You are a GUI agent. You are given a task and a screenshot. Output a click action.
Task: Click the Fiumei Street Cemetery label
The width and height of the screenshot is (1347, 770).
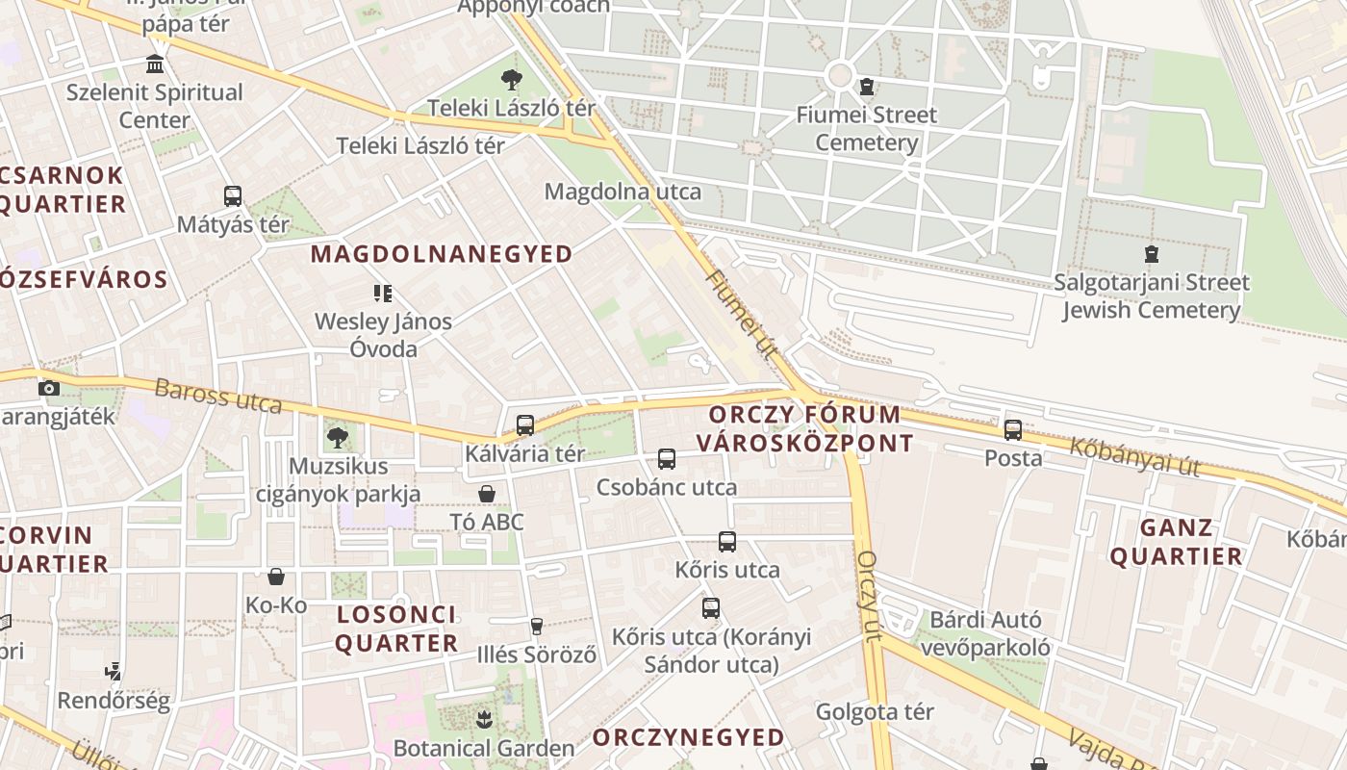tap(866, 129)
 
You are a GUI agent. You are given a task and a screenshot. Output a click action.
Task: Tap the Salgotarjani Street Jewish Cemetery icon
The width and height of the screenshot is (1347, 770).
tap(1151, 255)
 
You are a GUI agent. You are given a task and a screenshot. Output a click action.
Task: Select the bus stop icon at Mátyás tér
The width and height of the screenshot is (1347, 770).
tap(233, 196)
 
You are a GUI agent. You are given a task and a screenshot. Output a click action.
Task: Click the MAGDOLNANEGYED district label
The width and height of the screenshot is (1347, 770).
tap(442, 254)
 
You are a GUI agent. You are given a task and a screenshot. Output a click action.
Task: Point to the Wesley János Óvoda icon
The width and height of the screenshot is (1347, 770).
tap(383, 294)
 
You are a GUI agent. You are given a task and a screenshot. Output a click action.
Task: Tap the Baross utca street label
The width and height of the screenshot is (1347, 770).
tap(217, 396)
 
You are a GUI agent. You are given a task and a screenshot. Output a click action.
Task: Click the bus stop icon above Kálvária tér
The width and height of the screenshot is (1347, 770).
tap(525, 425)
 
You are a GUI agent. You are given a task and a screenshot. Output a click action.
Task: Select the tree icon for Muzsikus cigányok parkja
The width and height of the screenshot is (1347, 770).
tap(337, 438)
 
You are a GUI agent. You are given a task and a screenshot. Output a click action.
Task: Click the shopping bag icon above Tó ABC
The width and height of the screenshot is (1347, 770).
tap(487, 494)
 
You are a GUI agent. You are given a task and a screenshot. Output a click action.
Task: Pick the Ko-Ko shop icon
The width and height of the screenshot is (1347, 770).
tap(276, 577)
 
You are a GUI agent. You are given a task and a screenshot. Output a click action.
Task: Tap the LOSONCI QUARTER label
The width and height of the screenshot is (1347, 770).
tap(396, 629)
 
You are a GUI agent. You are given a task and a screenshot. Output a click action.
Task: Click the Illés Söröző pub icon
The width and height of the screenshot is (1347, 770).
tap(537, 627)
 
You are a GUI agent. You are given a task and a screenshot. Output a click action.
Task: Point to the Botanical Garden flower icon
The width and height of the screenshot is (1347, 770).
tap(484, 719)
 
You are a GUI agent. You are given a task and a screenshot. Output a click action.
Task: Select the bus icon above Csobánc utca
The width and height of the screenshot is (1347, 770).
tap(667, 459)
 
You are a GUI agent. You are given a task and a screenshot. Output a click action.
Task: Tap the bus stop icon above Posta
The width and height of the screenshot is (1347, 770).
tap(1013, 430)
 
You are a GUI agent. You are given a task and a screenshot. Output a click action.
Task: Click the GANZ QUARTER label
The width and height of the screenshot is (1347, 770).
tap(1177, 542)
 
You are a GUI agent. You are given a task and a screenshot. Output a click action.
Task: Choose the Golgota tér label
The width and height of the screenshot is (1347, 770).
tap(875, 712)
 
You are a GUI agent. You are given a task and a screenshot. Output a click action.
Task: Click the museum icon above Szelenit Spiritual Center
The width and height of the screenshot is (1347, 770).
tap(154, 64)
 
